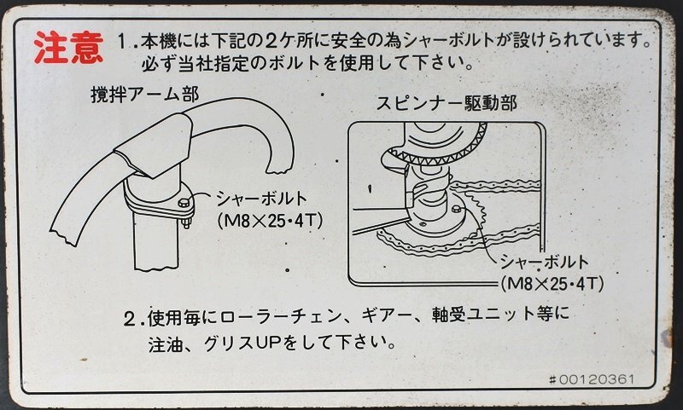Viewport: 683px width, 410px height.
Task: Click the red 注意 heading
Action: (69, 48)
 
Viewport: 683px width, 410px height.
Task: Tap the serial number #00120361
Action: (591, 379)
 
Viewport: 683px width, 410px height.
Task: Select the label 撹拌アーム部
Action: (144, 95)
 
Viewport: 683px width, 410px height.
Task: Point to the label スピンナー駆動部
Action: (446, 103)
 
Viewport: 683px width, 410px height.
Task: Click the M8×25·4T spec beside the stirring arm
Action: (270, 222)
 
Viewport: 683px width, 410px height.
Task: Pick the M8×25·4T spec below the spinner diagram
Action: (552, 285)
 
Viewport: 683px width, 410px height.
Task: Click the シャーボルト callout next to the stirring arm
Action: (262, 199)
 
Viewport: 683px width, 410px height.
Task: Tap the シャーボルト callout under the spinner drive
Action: (545, 262)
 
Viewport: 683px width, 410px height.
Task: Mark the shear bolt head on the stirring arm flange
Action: (183, 203)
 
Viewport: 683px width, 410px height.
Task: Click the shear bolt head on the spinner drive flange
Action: (455, 209)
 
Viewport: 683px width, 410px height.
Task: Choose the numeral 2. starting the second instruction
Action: (134, 319)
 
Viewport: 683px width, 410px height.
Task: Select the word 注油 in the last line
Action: (164, 344)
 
